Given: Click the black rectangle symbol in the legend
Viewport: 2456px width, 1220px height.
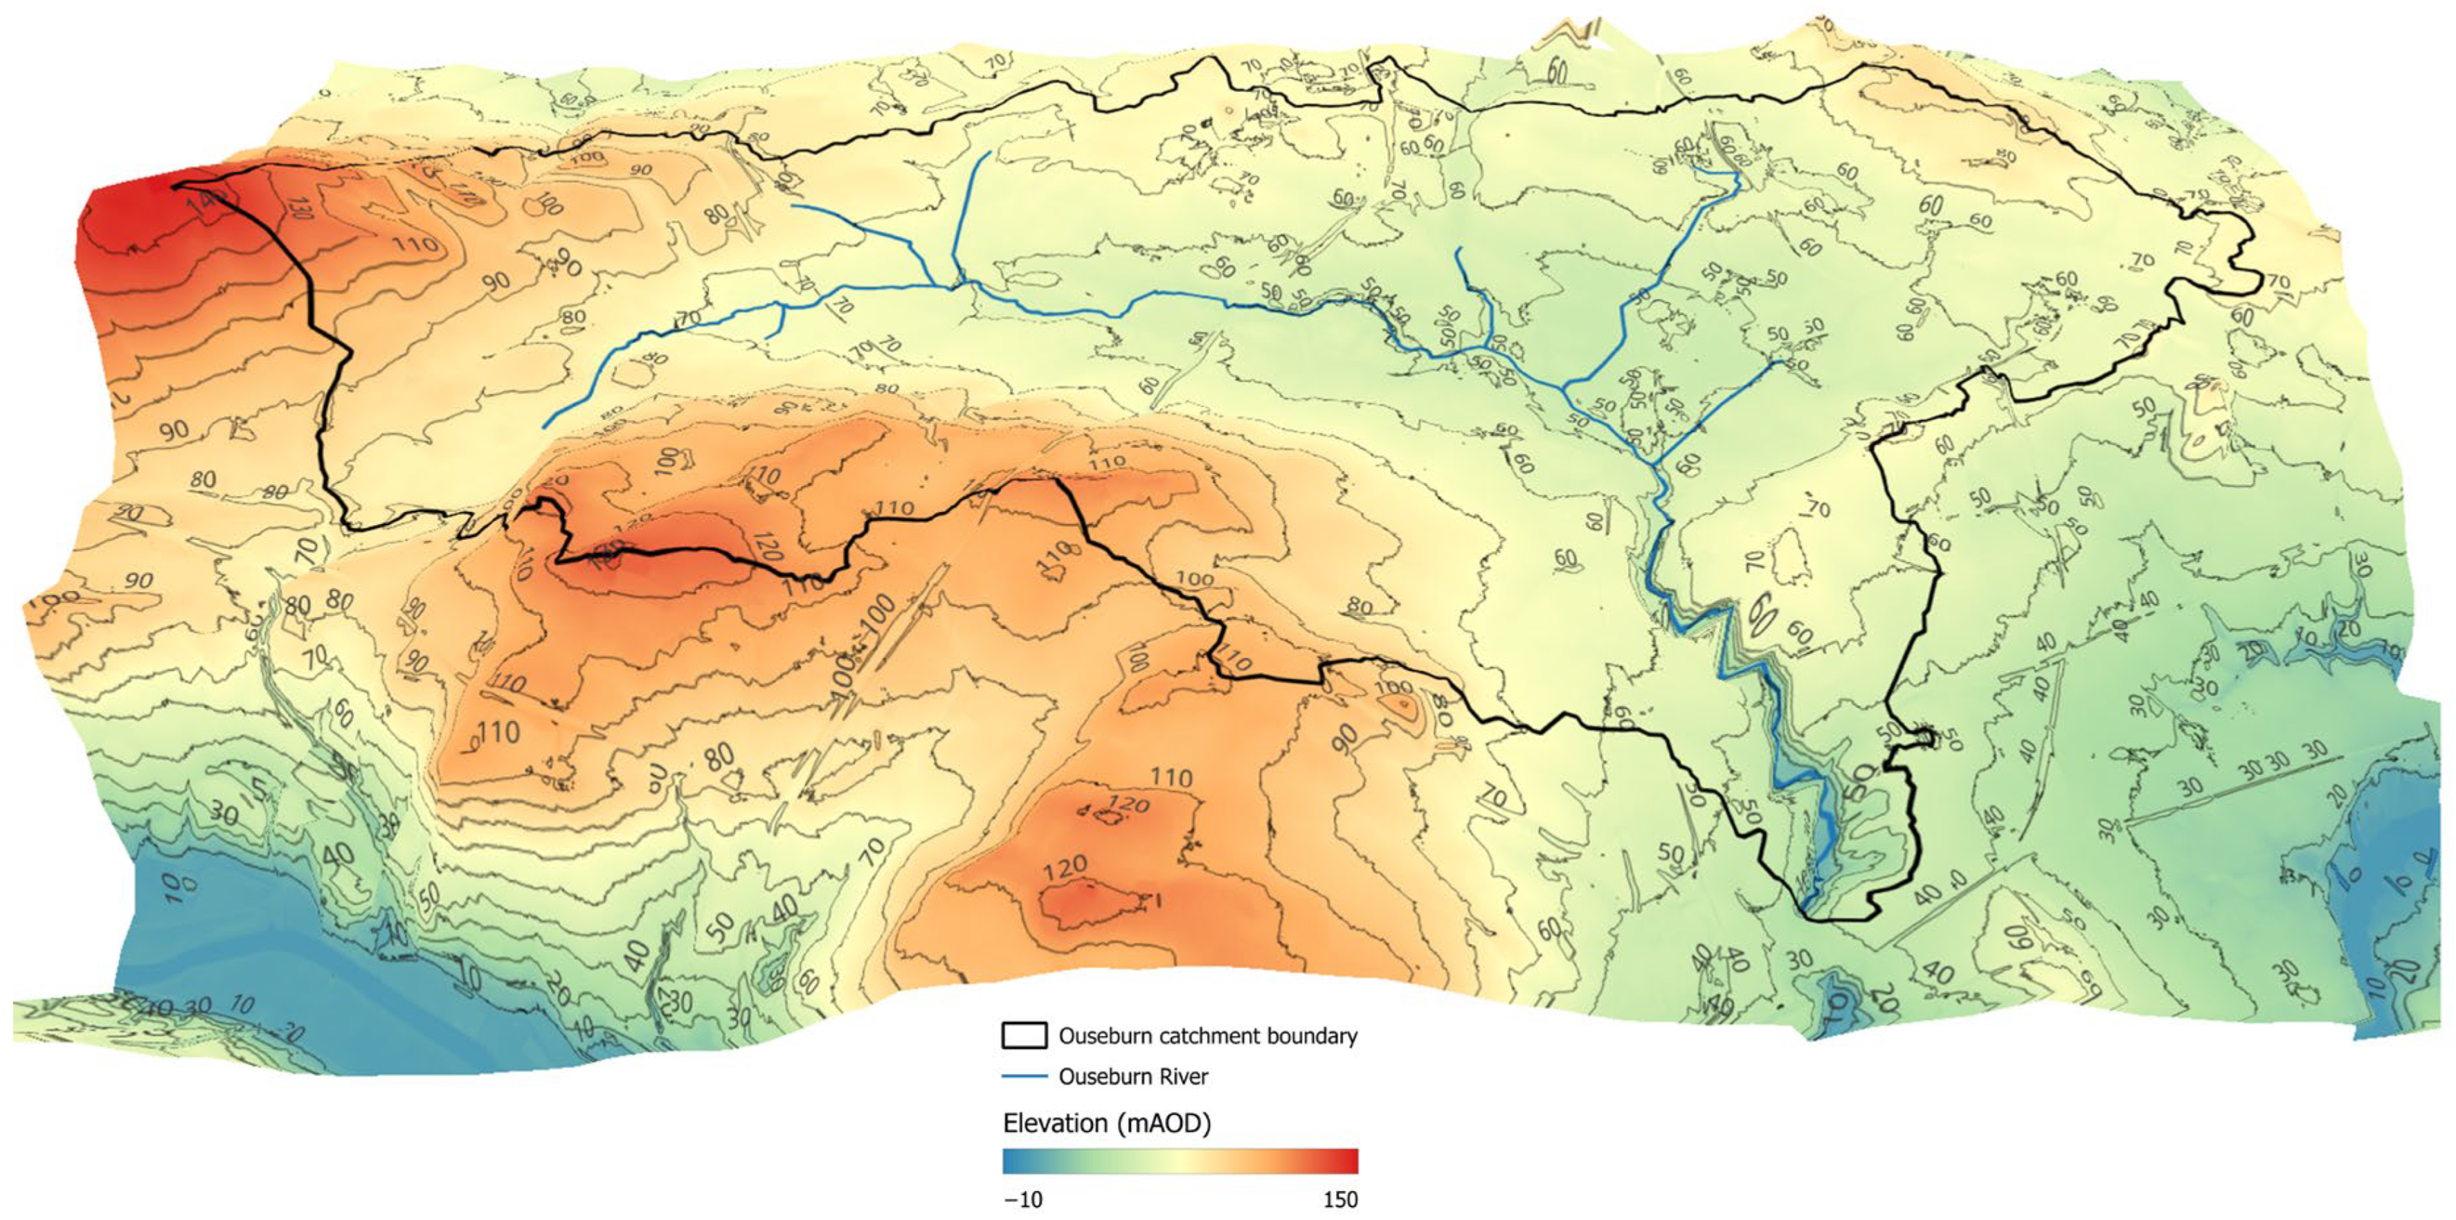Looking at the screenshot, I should tap(1024, 1036).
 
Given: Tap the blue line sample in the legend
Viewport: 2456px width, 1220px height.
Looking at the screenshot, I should tap(1024, 1077).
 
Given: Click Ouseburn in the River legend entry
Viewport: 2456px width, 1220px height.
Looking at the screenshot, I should tap(1102, 1077).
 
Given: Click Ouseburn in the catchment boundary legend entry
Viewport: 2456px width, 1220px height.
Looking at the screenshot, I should tap(1102, 1036).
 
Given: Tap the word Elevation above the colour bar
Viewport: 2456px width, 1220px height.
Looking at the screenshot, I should tap(1054, 1124).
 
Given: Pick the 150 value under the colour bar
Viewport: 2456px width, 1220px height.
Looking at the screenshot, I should tap(1339, 1200).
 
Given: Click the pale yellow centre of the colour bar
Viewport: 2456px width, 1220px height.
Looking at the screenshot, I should tap(1180, 1161).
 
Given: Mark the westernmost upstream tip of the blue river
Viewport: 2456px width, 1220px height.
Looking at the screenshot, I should tap(544, 427).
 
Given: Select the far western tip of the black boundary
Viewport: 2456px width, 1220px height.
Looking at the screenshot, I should tap(174, 186).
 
